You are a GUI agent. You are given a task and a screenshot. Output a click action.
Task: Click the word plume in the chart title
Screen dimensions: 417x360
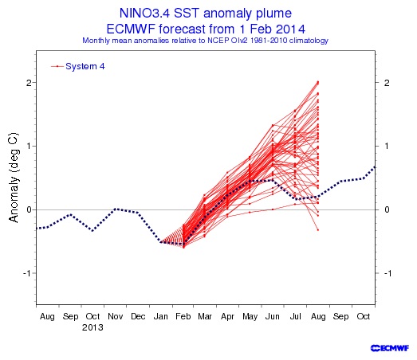coord(273,14)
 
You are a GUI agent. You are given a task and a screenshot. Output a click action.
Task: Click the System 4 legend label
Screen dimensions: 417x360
coord(85,66)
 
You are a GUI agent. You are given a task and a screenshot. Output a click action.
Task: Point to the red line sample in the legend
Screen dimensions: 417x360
coord(57,66)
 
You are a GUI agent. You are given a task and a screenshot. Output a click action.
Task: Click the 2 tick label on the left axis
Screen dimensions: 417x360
coord(29,83)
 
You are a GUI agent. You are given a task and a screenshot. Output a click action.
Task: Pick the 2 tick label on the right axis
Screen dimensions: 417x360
coord(387,83)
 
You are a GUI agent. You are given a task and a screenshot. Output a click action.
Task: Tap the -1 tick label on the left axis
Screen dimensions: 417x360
coord(27,273)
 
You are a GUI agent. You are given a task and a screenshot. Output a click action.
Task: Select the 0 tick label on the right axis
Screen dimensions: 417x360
coord(387,209)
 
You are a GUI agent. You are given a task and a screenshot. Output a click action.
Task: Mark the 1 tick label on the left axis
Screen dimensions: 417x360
coord(30,146)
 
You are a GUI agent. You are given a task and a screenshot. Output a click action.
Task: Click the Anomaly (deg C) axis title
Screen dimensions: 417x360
coord(14,177)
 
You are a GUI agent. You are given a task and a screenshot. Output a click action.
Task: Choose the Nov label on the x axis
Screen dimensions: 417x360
coord(116,316)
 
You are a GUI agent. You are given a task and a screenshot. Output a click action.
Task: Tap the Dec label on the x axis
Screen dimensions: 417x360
coord(138,316)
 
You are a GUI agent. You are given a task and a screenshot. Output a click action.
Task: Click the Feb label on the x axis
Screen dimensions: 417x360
coord(183,316)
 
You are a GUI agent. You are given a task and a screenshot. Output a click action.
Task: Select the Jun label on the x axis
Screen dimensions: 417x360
coord(273,316)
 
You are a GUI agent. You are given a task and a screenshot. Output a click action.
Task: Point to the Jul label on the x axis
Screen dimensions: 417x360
coord(296,316)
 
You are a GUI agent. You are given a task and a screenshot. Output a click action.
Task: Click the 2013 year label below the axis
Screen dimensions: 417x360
coord(92,327)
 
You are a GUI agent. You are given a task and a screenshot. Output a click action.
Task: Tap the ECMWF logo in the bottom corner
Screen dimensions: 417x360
coord(390,348)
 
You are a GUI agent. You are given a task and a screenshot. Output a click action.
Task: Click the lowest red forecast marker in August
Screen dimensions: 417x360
coord(318,230)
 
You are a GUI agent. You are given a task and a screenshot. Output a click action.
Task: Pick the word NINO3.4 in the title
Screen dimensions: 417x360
coord(144,13)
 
